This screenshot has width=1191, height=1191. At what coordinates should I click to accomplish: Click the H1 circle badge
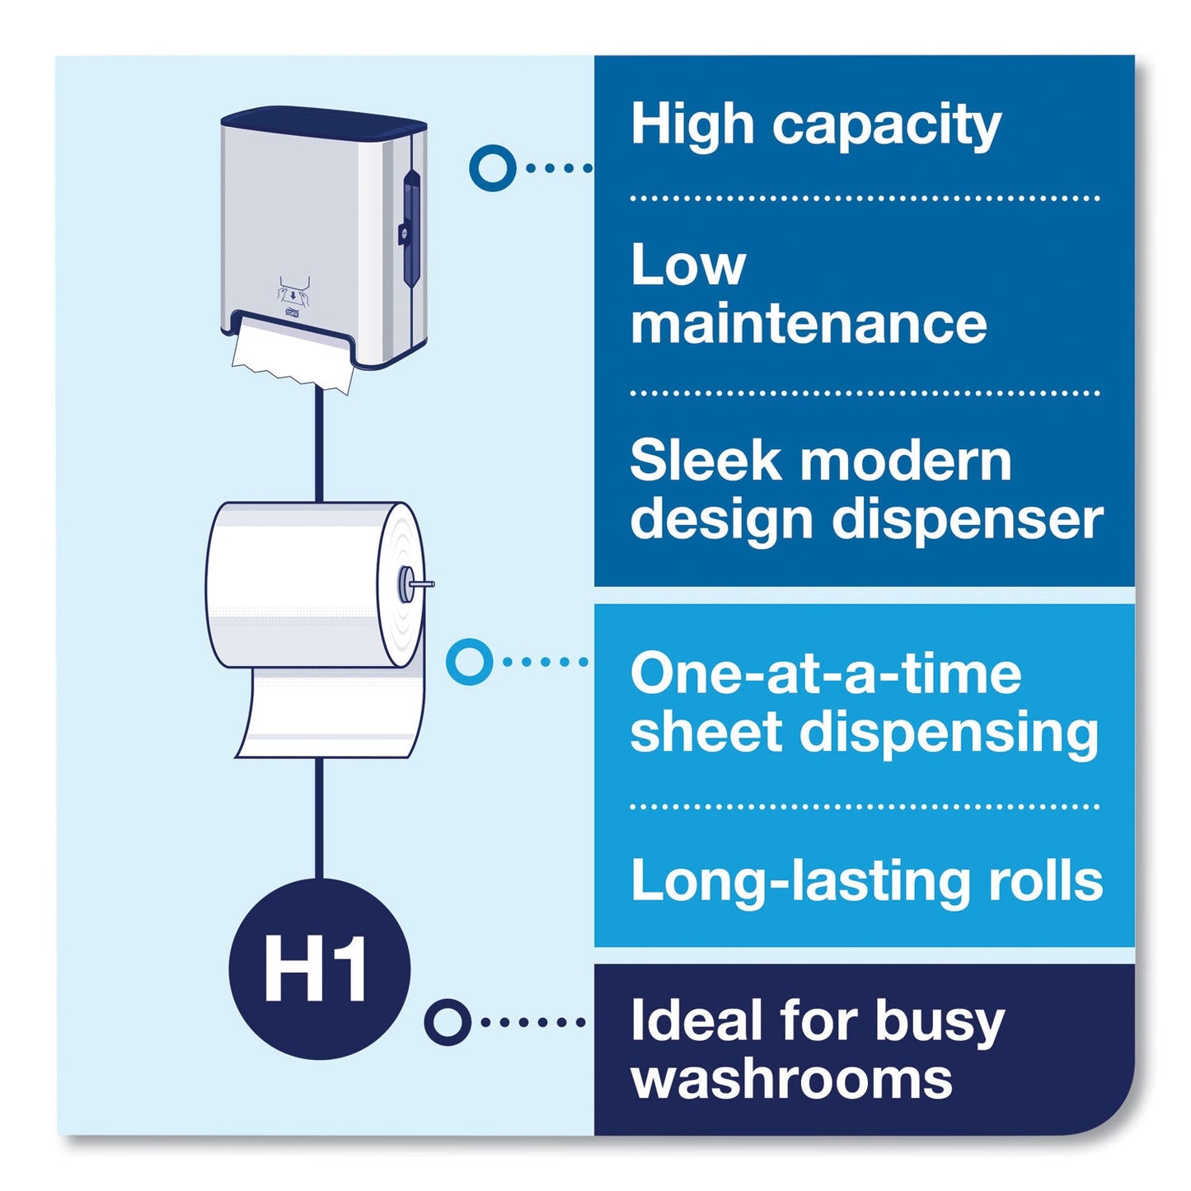pos(319,970)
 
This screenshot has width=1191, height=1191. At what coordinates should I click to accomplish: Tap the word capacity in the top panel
pos(886,126)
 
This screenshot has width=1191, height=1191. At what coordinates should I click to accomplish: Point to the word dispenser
pos(968,519)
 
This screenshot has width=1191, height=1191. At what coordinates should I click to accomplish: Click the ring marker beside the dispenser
pos(493,166)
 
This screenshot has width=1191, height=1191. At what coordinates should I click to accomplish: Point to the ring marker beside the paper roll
pos(469,662)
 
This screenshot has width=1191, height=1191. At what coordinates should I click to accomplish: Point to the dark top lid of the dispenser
pos(324,120)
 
